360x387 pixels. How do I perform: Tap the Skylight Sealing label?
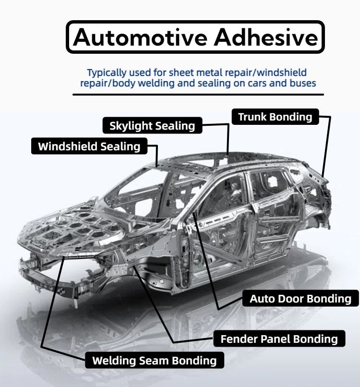[152, 126]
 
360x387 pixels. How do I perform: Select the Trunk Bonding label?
[275, 117]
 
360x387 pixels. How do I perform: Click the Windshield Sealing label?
[89, 146]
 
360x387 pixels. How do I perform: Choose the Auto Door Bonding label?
[300, 299]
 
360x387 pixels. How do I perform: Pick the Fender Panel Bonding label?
[279, 339]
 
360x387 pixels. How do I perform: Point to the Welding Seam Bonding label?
[154, 360]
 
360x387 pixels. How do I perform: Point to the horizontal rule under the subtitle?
[198, 95]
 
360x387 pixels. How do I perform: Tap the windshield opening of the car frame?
[139, 192]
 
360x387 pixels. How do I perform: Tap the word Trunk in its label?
[253, 117]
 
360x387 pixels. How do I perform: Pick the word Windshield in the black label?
[67, 146]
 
